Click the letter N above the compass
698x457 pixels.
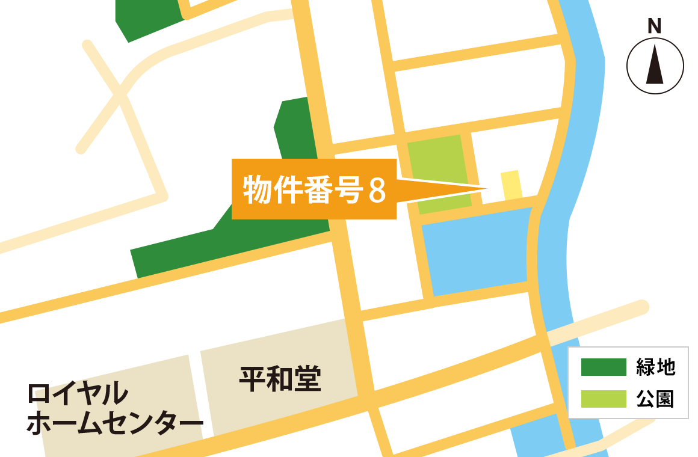654,26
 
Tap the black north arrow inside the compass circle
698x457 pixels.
655,66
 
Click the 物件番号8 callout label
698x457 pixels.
313,189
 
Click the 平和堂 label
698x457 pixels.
280,379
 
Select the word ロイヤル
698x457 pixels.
78,394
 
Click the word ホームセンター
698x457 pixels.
115,424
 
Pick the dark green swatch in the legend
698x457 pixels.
603,367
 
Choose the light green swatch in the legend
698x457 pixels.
603,399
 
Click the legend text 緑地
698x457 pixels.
655,367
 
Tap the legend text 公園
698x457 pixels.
655,399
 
